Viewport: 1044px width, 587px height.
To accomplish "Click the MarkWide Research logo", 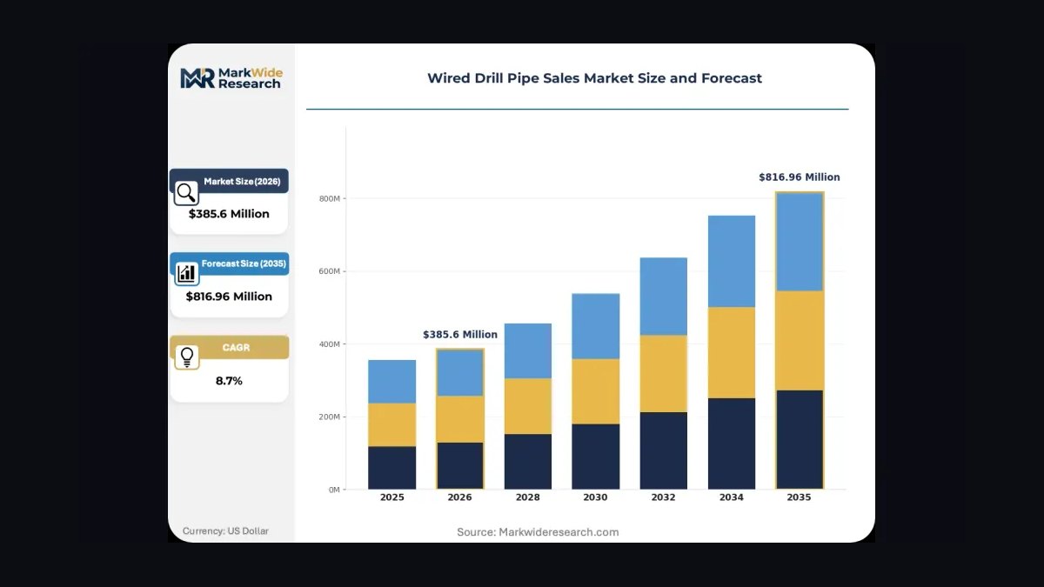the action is (231, 77).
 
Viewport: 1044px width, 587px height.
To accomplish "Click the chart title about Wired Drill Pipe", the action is (594, 77).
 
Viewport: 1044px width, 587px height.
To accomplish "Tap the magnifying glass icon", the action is (186, 193).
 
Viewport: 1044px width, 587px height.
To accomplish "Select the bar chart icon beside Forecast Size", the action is (186, 273).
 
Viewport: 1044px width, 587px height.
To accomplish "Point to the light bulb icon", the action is (187, 357).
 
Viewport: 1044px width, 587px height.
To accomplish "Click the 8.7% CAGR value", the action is (229, 381).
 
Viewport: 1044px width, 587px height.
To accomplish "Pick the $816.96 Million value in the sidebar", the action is (229, 297).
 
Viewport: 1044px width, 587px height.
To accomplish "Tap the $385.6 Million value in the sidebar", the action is (229, 214).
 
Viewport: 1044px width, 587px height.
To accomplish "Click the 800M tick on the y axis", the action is (330, 198).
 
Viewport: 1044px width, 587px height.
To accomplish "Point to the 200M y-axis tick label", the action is (330, 417).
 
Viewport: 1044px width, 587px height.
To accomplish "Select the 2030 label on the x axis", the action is (595, 497).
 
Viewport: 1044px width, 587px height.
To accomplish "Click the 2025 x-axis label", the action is (392, 497).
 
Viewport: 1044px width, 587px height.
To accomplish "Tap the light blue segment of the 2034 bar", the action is (732, 262).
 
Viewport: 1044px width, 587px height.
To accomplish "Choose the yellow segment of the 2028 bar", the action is (527, 406).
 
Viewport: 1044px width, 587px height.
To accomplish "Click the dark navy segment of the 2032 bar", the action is (663, 450).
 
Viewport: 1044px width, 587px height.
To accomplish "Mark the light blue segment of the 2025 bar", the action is (392, 382).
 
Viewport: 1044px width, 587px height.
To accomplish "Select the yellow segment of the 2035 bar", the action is (800, 341).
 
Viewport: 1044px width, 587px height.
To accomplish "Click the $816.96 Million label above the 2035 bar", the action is (800, 177).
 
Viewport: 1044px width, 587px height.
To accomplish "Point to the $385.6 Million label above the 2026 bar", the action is (460, 335).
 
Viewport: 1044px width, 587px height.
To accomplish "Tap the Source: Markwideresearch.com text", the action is (538, 532).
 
